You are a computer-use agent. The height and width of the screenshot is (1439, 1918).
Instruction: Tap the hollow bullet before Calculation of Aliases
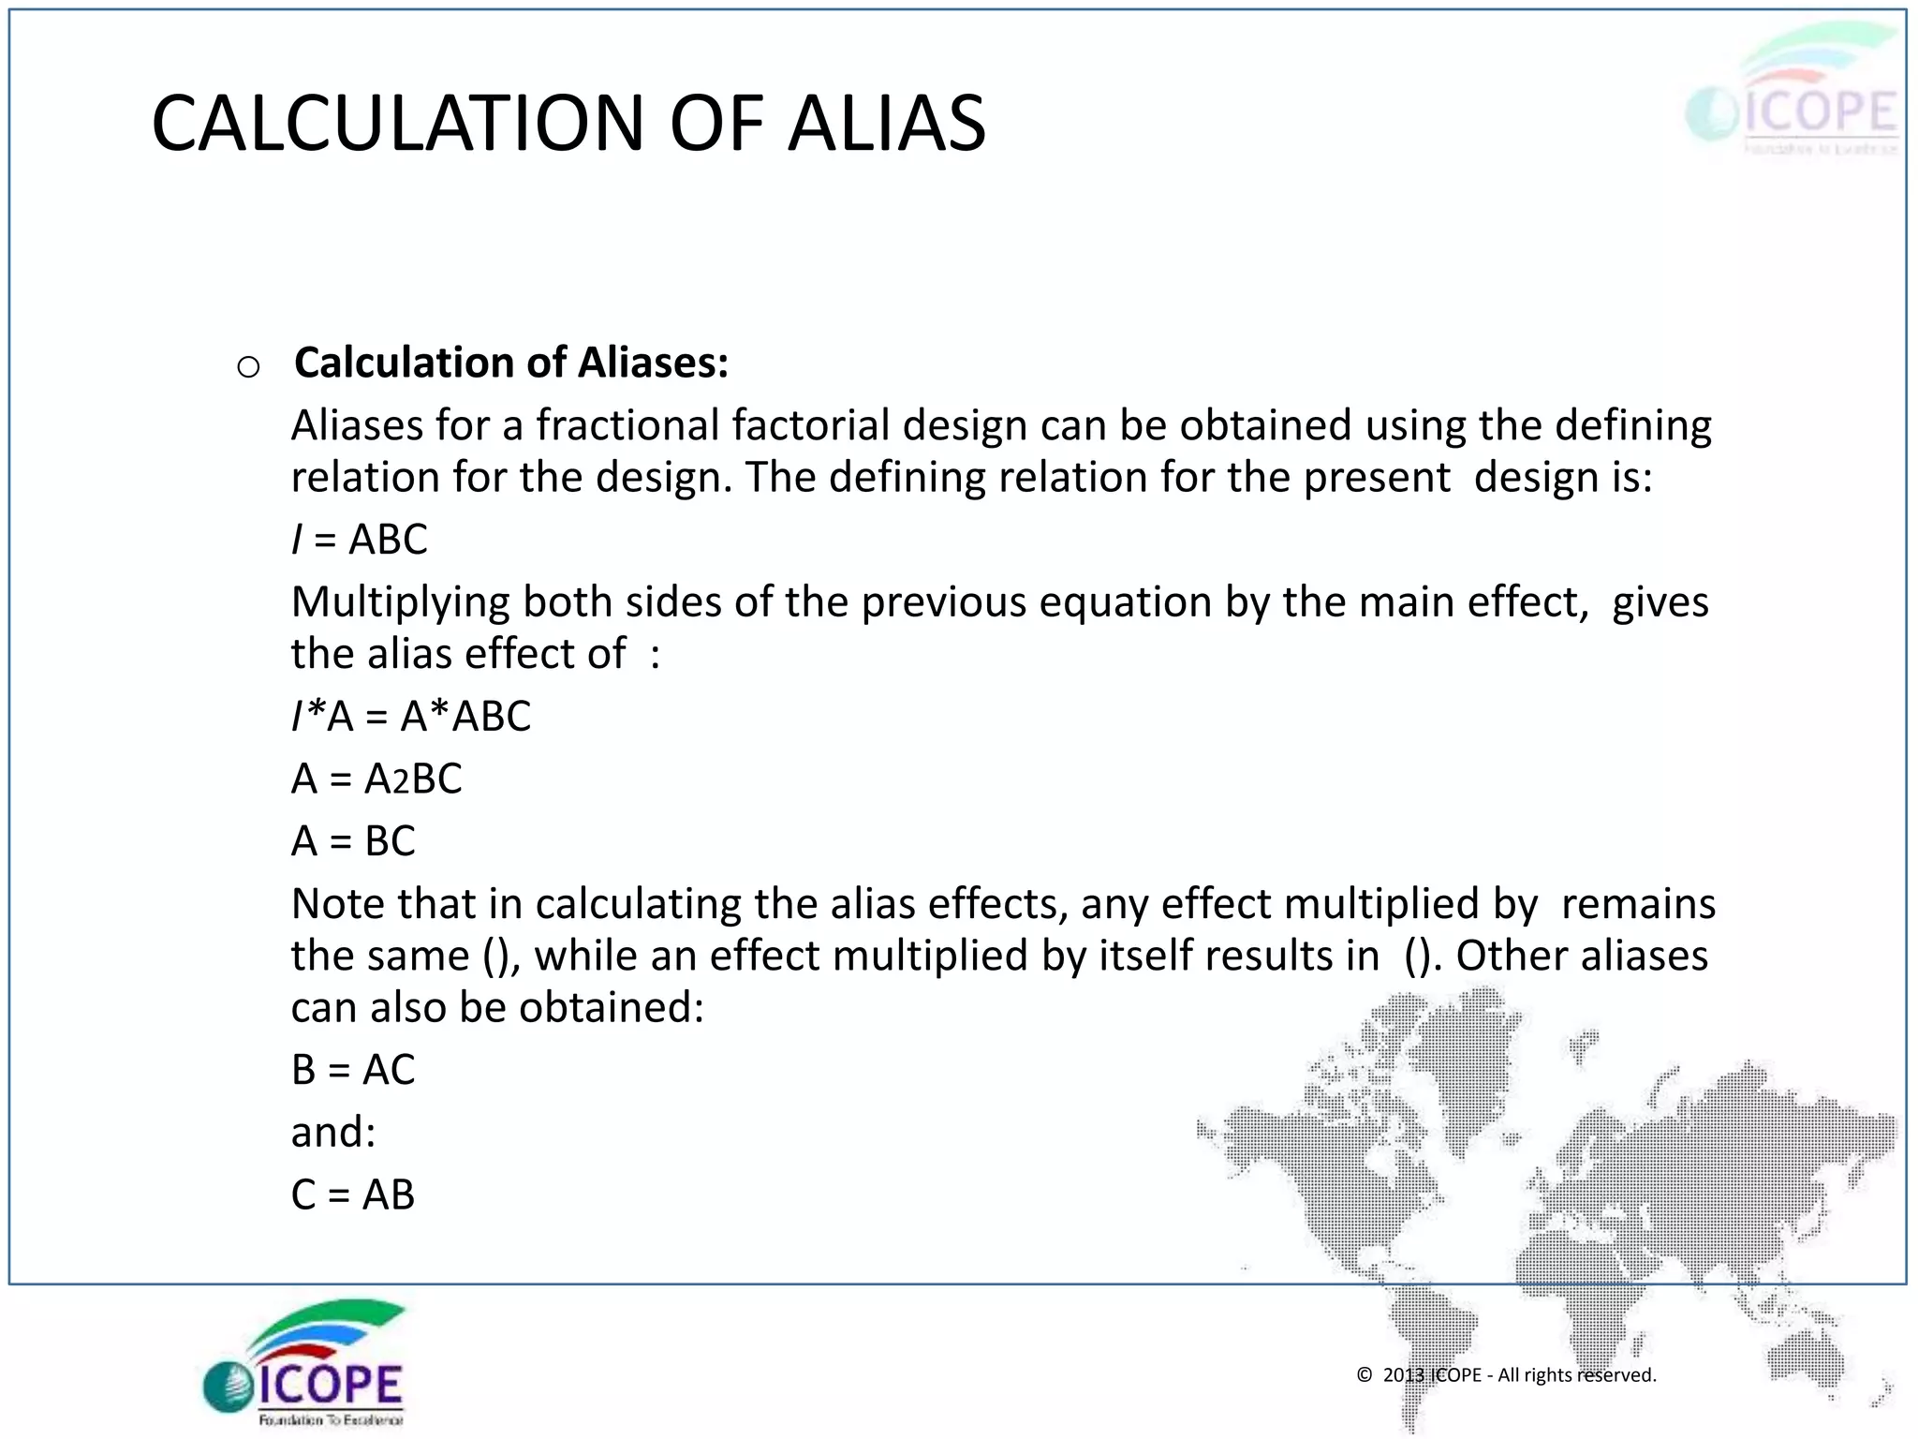point(248,366)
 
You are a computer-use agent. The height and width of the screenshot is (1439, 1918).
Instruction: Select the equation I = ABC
point(360,540)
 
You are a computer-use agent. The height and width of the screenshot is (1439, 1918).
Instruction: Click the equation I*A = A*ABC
point(411,717)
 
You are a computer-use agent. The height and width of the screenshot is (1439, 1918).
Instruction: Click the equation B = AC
point(353,1070)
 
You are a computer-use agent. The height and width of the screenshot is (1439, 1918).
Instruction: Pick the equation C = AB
point(353,1194)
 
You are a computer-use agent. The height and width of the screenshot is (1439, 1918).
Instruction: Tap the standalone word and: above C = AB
point(332,1133)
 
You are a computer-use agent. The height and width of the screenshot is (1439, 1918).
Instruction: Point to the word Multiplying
point(400,602)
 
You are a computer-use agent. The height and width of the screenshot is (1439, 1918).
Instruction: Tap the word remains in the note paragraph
point(1638,904)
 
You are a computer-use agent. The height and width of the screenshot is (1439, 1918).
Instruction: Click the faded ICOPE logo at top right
point(1793,94)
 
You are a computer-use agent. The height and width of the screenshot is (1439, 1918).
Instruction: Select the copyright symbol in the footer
point(1365,1375)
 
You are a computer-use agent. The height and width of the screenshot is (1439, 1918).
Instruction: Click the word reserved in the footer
point(1616,1375)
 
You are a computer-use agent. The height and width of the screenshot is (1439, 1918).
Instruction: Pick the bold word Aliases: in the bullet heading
point(653,363)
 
